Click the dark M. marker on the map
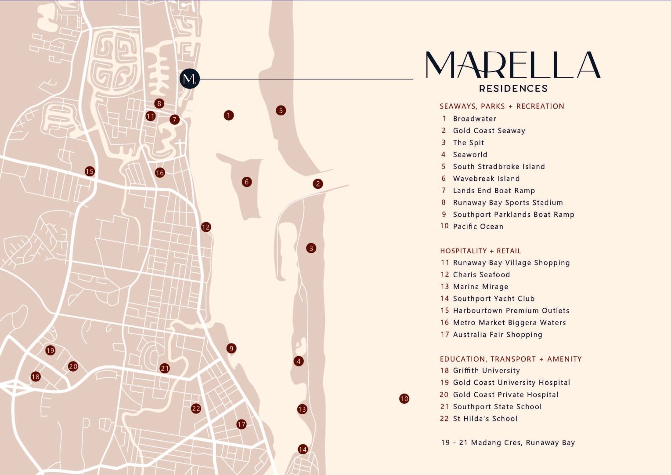tap(190, 79)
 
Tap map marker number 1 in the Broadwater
tap(228, 115)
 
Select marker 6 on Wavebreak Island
tap(247, 182)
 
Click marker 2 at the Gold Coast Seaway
tap(318, 184)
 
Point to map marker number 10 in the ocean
tap(404, 399)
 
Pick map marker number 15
tap(90, 171)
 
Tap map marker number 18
tap(36, 376)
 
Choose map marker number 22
tap(196, 409)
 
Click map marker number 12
tap(206, 227)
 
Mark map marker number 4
tap(299, 361)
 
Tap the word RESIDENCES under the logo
tap(513, 88)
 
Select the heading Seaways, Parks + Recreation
tap(502, 106)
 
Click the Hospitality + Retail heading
tap(480, 251)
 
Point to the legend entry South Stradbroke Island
tap(499, 167)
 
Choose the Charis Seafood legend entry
tap(481, 274)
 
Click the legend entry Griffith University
tap(486, 371)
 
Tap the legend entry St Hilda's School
tap(485, 419)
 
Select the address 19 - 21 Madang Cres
tap(508, 442)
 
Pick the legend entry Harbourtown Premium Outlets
tap(511, 311)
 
